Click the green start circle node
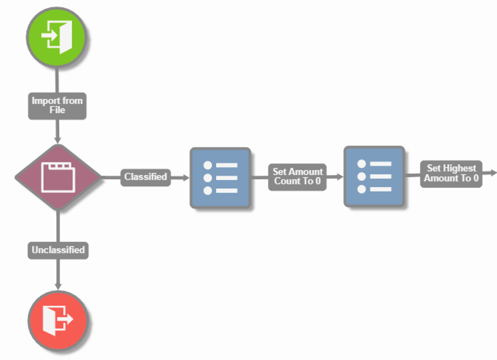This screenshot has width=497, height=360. [56, 35]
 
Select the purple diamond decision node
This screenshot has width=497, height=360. [58, 177]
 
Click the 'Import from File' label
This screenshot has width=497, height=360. [57, 105]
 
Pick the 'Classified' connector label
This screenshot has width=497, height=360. [145, 176]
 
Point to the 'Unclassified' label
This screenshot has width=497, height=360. [58, 250]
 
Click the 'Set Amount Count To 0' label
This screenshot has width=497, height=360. [297, 176]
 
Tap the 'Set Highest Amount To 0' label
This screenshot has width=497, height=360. [451, 173]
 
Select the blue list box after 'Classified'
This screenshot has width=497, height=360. [220, 178]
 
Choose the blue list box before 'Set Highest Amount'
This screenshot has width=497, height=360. [374, 176]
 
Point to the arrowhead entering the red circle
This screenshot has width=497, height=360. [58, 285]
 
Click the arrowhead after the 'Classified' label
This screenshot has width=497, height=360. [184, 177]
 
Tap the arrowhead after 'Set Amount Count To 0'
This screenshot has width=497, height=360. [338, 176]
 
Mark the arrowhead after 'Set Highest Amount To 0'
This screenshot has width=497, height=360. [492, 173]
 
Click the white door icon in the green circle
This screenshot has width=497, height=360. [56, 35]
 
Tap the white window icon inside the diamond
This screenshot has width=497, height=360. [58, 177]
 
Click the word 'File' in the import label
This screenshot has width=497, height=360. [57, 110]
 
